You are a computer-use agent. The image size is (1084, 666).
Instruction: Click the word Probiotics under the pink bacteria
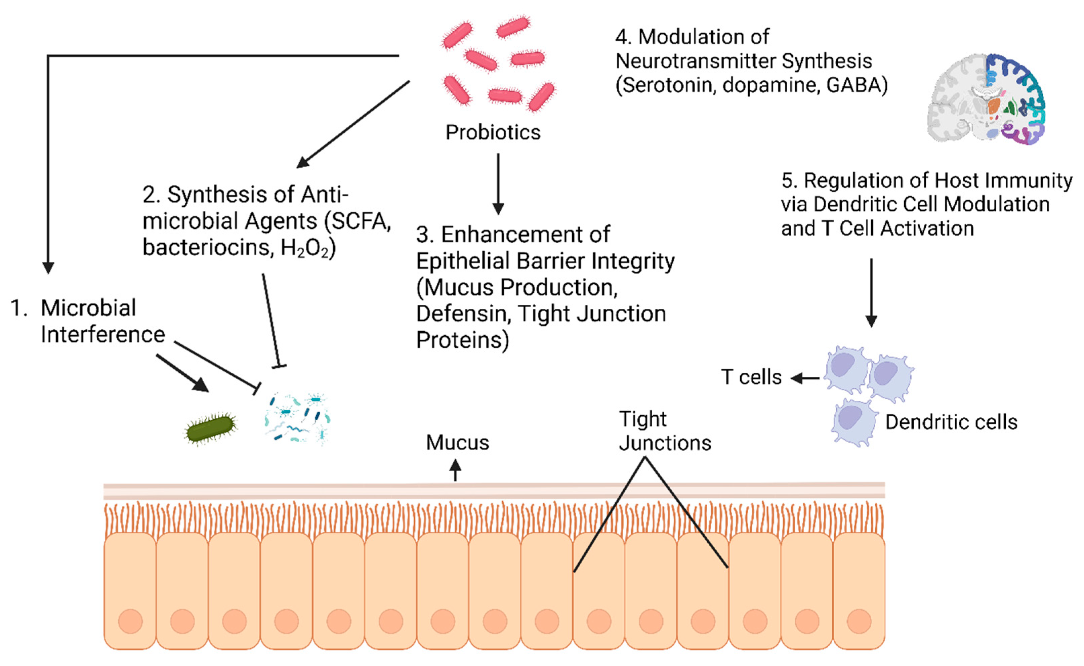pyautogui.click(x=493, y=132)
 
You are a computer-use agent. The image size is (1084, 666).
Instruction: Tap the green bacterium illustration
pyautogui.click(x=210, y=428)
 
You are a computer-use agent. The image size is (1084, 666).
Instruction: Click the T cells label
pyautogui.click(x=751, y=377)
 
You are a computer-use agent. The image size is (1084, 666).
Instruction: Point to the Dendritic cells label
pyautogui.click(x=951, y=422)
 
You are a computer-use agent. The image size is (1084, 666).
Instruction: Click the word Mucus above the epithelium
pyautogui.click(x=457, y=442)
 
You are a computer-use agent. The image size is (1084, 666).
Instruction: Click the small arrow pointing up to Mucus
pyautogui.click(x=455, y=470)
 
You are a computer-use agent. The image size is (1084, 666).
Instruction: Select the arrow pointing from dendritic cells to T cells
pyautogui.click(x=805, y=378)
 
